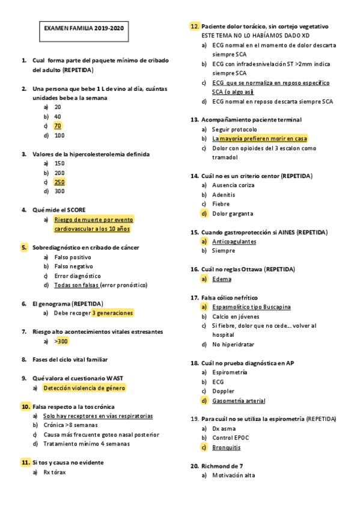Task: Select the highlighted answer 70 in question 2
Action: click(58, 126)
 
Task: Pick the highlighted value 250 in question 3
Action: click(59, 182)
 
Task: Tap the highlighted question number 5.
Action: click(24, 247)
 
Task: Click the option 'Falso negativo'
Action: click(73, 266)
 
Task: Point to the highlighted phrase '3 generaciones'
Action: click(112, 313)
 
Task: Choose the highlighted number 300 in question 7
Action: click(62, 341)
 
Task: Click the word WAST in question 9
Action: click(115, 378)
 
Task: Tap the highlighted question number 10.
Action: click(25, 407)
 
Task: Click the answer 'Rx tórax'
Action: click(55, 472)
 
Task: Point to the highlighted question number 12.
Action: click(195, 26)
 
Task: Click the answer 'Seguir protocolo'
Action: click(234, 129)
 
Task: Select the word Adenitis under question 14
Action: click(223, 194)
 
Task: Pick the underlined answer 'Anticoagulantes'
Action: click(234, 241)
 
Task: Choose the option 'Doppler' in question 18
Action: click(223, 391)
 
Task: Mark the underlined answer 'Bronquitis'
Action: click(226, 447)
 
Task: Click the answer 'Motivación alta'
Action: click(233, 475)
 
